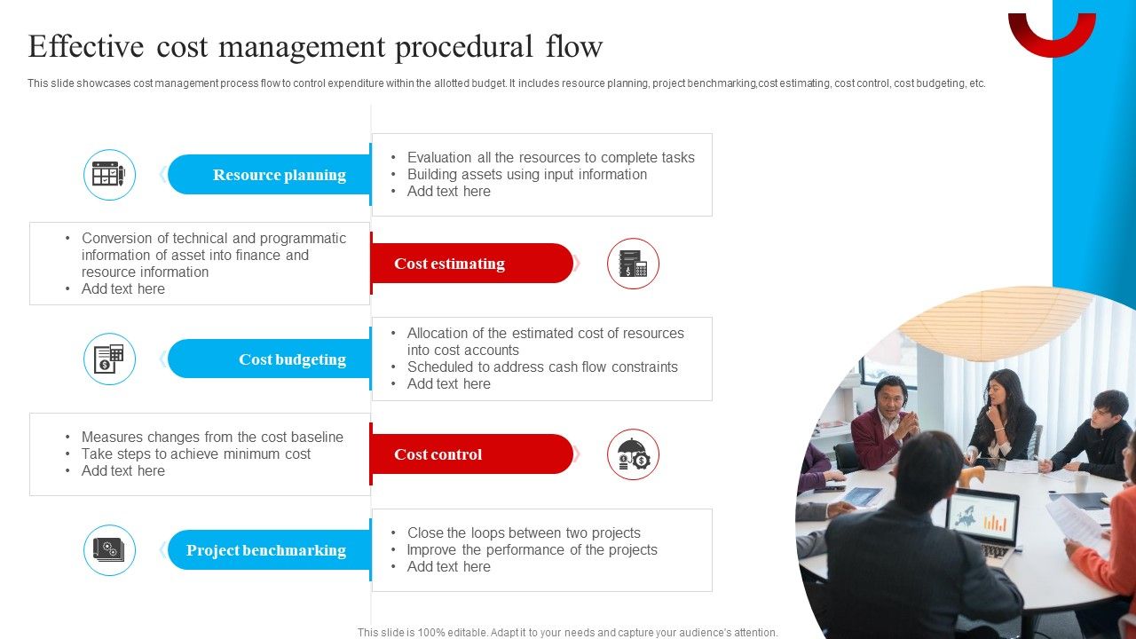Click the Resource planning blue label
[279, 175]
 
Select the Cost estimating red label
[449, 264]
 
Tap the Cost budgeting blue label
[292, 359]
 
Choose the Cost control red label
[438, 454]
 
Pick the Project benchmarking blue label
[266, 550]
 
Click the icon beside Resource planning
[109, 175]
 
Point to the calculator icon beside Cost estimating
[633, 264]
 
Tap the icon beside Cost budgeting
[109, 359]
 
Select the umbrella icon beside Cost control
[633, 454]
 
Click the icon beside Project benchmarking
[109, 550]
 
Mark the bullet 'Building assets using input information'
[526, 175]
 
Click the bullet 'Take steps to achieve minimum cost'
[196, 454]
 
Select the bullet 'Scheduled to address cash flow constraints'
[542, 367]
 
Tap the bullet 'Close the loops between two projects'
[524, 533]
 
